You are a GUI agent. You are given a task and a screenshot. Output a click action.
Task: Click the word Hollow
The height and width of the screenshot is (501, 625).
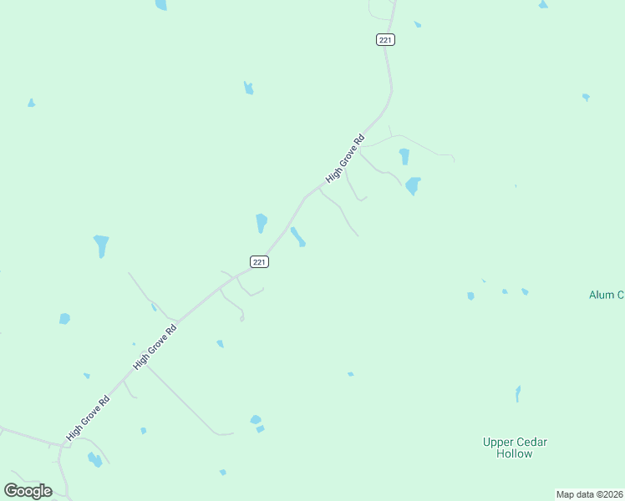pos(514,453)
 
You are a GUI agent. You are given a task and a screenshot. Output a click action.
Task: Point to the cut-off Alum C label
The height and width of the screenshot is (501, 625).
pos(607,295)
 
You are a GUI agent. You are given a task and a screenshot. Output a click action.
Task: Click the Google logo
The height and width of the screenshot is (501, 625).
pos(28,491)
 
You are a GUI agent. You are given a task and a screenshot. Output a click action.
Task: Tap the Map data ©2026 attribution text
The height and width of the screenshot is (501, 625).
pos(590,494)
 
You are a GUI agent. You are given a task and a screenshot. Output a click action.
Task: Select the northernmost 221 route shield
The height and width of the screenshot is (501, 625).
pos(385,39)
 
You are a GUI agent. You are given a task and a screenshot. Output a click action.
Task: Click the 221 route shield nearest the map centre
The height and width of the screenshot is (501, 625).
pos(259,261)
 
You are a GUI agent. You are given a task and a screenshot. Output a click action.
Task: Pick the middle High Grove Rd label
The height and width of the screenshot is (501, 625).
pos(155,347)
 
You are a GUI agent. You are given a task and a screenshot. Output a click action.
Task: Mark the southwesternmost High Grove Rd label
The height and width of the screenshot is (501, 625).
pos(89,417)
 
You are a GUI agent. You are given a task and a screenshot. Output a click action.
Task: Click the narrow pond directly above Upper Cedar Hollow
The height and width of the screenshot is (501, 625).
pos(518,393)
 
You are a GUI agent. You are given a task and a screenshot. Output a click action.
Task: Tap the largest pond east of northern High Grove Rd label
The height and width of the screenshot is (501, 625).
pos(412,185)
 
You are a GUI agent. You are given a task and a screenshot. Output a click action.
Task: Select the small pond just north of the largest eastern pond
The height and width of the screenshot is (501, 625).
pos(404,156)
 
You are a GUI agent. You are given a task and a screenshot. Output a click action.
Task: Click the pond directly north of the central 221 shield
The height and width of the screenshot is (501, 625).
pos(262,223)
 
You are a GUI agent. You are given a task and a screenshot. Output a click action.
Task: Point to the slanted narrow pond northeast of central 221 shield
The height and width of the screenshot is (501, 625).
pos(297,237)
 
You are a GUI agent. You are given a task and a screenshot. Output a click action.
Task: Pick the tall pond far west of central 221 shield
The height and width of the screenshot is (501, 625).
pos(101,245)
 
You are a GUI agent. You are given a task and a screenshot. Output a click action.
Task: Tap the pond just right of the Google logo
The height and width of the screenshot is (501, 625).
pos(94,459)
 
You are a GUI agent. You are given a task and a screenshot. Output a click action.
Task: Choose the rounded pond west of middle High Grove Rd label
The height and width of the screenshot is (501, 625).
pos(64,318)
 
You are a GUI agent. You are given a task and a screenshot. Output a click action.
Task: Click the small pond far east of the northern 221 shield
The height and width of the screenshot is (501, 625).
pos(586,97)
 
